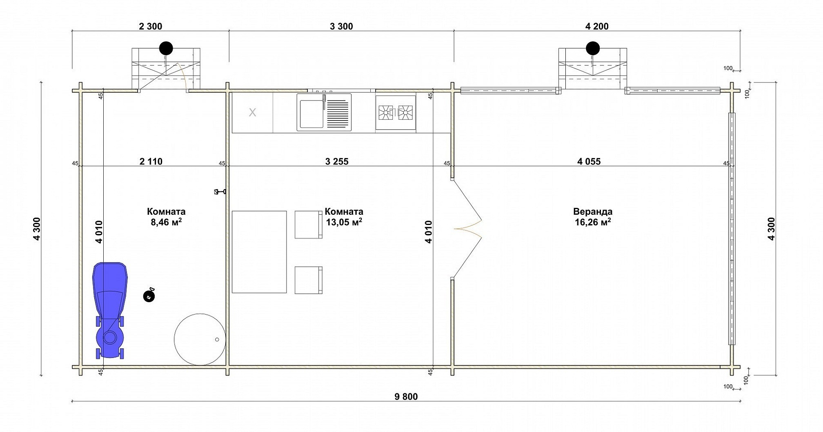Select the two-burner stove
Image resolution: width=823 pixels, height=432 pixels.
coord(396,112)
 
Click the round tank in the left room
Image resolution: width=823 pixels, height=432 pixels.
coord(200,339)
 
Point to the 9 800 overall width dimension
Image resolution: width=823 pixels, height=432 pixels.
coord(406,396)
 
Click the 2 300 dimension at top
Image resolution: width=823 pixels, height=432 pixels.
coord(151,27)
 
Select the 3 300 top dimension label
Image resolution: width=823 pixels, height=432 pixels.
coord(341,27)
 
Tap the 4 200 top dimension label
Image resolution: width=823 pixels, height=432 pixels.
coord(597,27)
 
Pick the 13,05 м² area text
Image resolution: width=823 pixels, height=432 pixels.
coord(344,222)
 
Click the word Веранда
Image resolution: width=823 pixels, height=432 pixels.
coord(593,212)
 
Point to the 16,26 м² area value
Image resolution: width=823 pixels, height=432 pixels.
coord(593,222)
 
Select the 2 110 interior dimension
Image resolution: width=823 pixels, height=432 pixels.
coord(151,162)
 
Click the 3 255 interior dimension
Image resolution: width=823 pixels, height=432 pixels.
coord(337,162)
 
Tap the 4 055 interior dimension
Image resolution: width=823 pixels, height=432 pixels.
coord(589,162)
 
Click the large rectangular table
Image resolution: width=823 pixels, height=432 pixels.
coord(259,252)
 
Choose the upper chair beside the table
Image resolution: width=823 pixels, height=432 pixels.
coord(309,225)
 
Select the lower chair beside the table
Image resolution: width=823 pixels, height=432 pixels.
coord(309,280)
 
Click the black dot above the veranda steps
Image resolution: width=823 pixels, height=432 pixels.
coord(593,49)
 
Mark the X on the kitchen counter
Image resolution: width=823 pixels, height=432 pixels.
coord(252,112)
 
